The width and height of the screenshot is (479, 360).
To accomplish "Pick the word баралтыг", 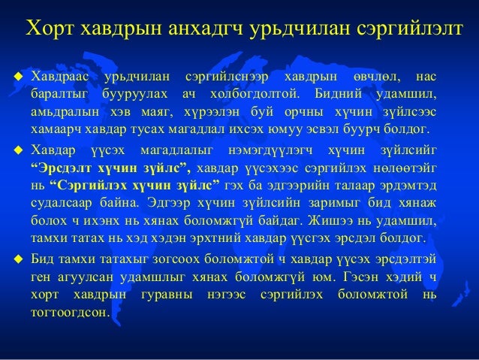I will click(x=58, y=95).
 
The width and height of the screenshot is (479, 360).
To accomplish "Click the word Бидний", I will click(x=342, y=95).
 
